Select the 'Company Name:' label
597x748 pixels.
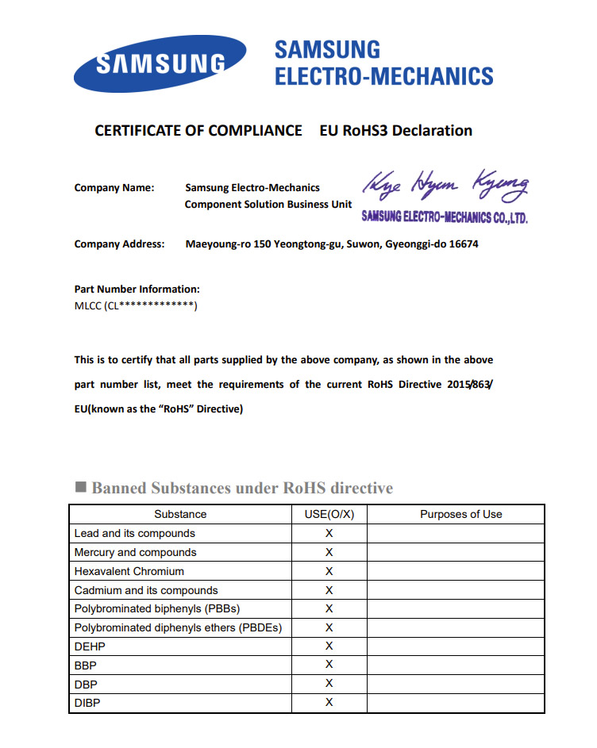coord(114,188)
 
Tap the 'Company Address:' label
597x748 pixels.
coord(120,244)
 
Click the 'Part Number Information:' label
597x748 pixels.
coord(137,290)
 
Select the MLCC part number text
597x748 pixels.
coord(136,306)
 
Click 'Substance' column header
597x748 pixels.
coord(180,515)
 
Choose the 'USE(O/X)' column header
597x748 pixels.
coord(329,515)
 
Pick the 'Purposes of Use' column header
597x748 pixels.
coord(461,515)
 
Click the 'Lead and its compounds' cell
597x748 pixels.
coord(135,534)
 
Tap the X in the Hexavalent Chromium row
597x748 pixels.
coord(329,571)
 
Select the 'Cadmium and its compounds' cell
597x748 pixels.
coord(146,590)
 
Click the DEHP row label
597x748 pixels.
coord(90,646)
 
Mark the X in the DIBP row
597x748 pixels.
coord(329,703)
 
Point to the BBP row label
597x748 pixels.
coord(86,666)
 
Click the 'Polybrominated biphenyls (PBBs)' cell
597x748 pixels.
coord(157,609)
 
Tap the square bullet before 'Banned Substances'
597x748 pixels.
coord(80,487)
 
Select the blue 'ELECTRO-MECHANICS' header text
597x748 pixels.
coord(383,77)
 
